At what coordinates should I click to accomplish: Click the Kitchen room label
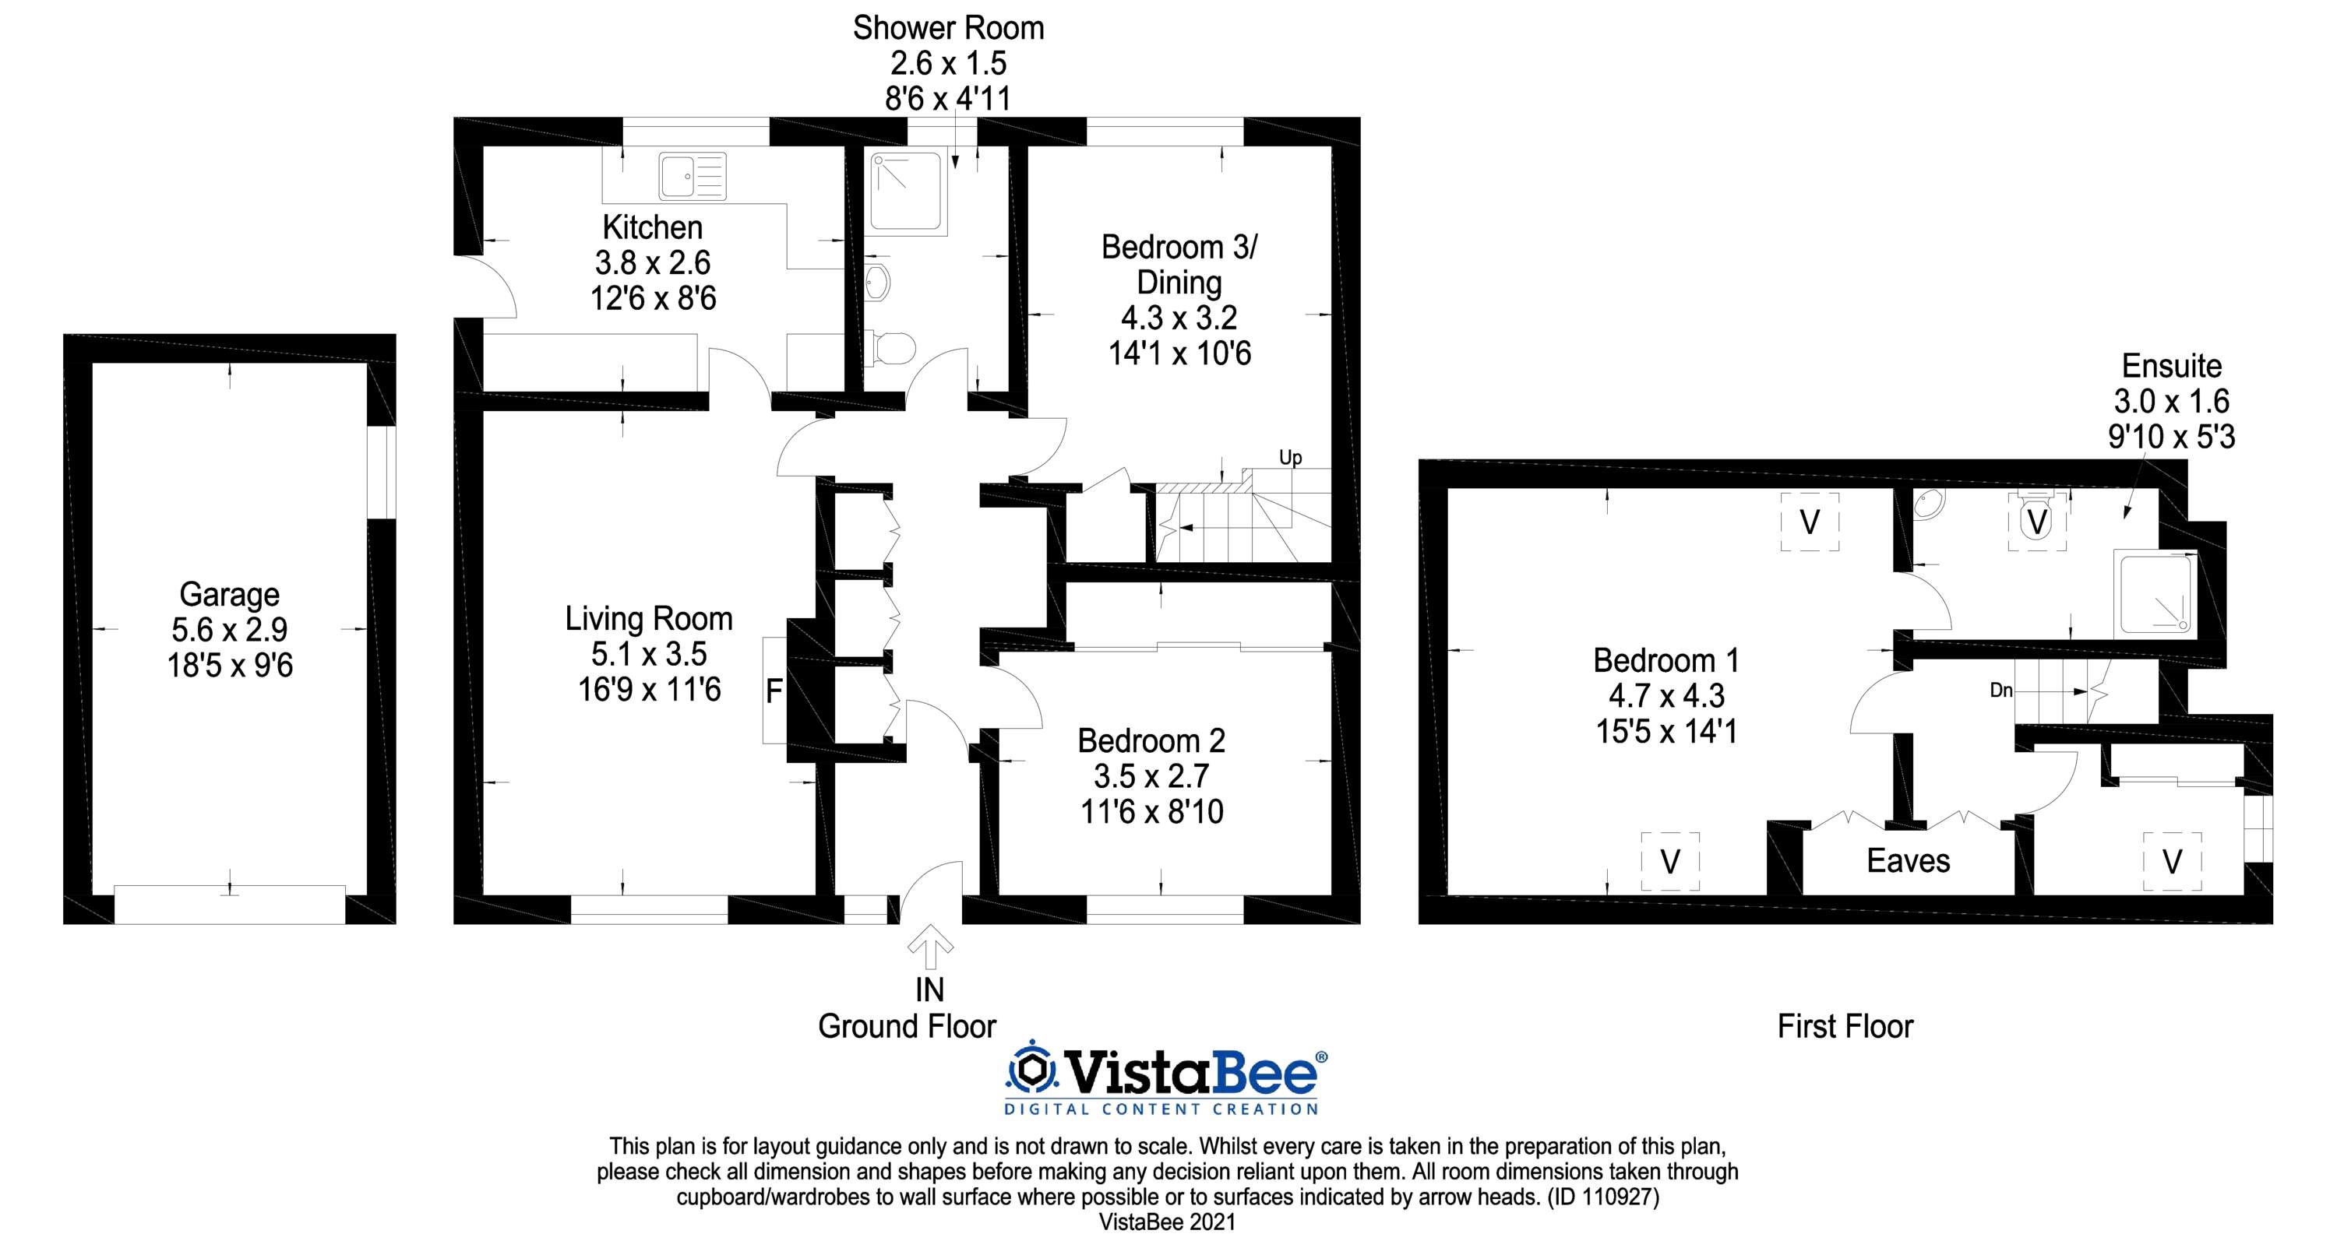coord(652,227)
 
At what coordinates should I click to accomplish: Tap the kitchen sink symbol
coord(693,176)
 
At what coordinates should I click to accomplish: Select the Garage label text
coord(230,595)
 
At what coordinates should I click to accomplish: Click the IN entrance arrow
coord(930,946)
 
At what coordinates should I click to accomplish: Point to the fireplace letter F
coord(774,692)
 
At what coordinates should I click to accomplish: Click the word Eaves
coord(1908,860)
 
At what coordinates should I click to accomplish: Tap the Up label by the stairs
coord(1290,458)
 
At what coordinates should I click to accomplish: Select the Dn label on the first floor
coord(2000,691)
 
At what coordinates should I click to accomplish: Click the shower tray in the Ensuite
coord(2155,593)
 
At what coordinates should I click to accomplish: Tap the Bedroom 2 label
coord(1151,741)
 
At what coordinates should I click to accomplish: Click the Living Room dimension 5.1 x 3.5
coord(650,654)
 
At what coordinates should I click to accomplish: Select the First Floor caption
coord(1845,1026)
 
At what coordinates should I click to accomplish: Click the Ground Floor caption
coord(908,1026)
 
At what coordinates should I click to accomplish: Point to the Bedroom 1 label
coord(1666,660)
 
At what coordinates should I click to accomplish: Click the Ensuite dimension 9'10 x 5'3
coord(2171,438)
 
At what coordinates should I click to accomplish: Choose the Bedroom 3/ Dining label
coord(1179,264)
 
